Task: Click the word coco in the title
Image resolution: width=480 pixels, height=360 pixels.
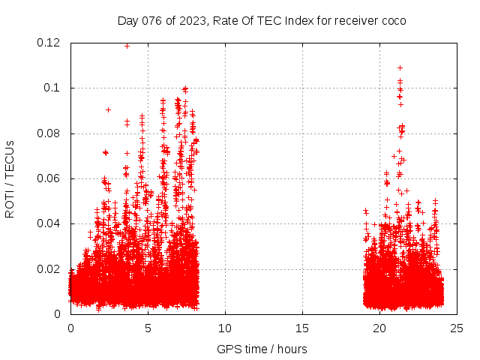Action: [393, 20]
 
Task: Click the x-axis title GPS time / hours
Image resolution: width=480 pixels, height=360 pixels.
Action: [262, 349]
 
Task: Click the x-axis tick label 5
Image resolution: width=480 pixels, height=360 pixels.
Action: [148, 328]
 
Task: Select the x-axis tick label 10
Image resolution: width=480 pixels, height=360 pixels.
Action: [225, 328]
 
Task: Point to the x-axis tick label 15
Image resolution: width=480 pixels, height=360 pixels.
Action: [302, 328]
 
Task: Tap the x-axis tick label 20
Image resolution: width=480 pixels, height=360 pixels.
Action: [379, 328]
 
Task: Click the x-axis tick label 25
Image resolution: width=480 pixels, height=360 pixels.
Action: [457, 328]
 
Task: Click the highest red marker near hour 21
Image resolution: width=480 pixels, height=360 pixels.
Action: [400, 67]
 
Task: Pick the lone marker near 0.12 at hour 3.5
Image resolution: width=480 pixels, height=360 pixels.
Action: [127, 46]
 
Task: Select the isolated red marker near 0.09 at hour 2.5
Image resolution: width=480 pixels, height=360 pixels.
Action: [108, 109]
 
